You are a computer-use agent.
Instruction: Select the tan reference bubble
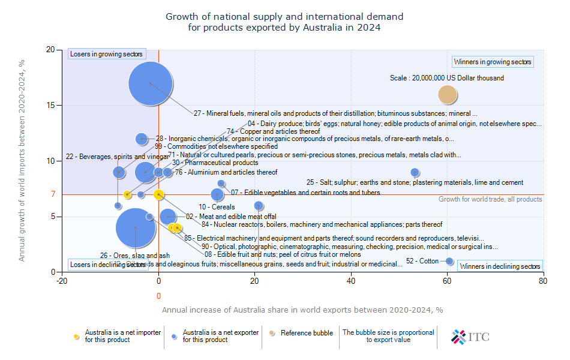point(448,95)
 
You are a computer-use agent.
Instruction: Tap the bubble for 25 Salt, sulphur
point(415,172)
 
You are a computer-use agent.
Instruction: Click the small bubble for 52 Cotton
point(449,261)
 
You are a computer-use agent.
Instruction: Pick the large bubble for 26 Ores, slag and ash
point(136,227)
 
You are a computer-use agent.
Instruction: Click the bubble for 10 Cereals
point(217,194)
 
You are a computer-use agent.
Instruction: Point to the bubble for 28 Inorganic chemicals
point(142,139)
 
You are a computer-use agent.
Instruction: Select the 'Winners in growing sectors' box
point(492,62)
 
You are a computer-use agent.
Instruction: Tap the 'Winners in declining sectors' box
point(500,266)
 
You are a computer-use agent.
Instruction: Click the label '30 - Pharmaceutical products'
point(215,163)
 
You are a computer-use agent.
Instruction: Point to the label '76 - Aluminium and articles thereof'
point(226,173)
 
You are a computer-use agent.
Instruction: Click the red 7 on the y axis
point(53,194)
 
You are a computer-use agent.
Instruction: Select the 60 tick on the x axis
point(447,280)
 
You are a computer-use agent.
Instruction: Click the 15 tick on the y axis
point(52,106)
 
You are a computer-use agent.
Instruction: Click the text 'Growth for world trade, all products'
point(490,199)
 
